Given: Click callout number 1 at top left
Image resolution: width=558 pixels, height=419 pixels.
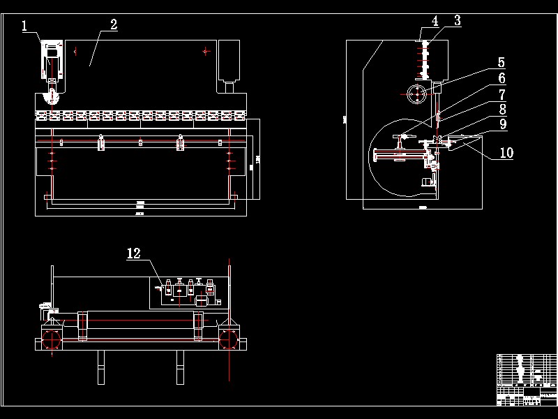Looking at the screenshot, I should pyautogui.click(x=25, y=27).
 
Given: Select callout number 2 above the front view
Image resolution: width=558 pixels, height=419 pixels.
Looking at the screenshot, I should pyautogui.click(x=112, y=25).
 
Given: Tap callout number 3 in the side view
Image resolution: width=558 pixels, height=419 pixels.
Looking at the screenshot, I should pyautogui.click(x=457, y=21).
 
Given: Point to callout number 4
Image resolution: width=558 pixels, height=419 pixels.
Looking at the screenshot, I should pyautogui.click(x=435, y=21).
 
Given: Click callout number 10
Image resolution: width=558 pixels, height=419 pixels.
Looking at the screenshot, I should pyautogui.click(x=506, y=153).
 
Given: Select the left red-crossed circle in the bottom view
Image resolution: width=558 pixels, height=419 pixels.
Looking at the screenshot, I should pyautogui.click(x=50, y=340).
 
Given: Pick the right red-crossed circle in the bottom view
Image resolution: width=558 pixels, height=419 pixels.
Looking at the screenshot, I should pyautogui.click(x=228, y=340).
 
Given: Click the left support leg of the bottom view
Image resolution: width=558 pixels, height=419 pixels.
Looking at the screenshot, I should pyautogui.click(x=101, y=367).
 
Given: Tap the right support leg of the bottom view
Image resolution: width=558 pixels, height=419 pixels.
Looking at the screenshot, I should pyautogui.click(x=179, y=367).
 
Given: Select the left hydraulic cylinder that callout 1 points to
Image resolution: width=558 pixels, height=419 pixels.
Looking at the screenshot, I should pyautogui.click(x=50, y=66).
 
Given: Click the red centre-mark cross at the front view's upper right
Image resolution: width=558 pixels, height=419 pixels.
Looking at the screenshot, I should pyautogui.click(x=205, y=50).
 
